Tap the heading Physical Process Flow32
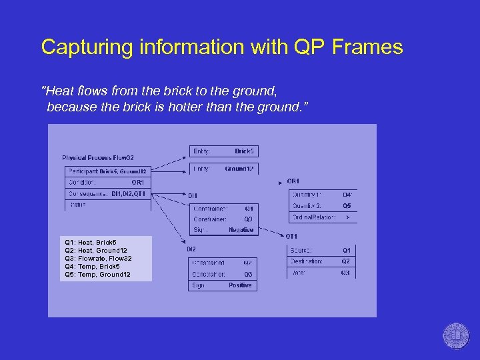[98, 158]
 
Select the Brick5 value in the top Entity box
[245, 151]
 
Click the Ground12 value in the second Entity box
[239, 169]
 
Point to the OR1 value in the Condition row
[137, 182]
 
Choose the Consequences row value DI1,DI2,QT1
[128, 194]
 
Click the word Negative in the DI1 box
[241, 230]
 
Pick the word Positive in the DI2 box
[240, 285]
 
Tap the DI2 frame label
[191, 249]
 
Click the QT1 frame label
[291, 236]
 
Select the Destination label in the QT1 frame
[307, 261]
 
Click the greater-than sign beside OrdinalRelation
[347, 217]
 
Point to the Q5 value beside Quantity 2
[347, 206]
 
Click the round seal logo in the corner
[456, 335]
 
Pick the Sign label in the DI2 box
[199, 285]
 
